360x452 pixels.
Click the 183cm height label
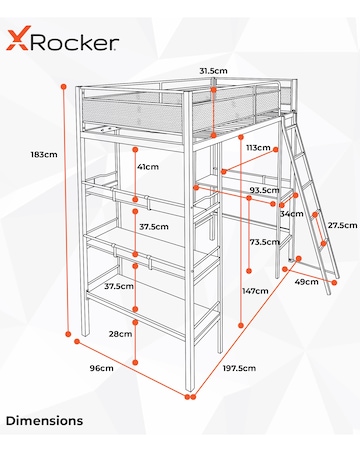coord(43,155)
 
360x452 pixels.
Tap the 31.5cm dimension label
coord(211,71)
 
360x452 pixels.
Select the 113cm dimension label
coord(259,147)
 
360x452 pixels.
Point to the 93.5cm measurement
coord(264,189)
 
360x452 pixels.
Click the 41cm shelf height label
coord(148,167)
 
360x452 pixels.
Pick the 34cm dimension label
coord(292,213)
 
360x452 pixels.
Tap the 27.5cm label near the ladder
coord(342,225)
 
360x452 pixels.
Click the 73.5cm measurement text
coord(264,242)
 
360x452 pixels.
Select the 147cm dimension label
coord(255,290)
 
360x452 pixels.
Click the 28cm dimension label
coord(120,333)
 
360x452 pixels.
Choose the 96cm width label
coord(101,369)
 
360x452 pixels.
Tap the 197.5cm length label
coord(240,368)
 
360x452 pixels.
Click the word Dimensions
coord(44,421)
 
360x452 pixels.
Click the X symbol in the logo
coord(17,41)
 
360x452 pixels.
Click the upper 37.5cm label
coord(153,227)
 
